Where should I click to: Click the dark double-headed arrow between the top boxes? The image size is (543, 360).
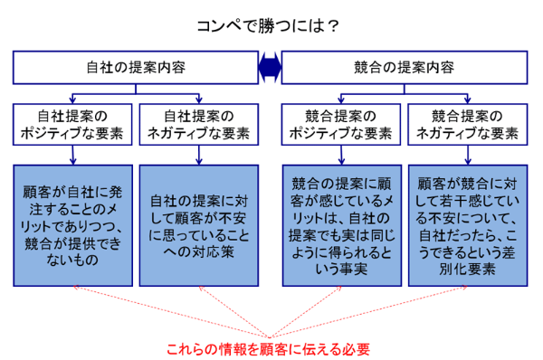pos(270,66)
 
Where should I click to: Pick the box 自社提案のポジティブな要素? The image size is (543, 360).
pos(72,126)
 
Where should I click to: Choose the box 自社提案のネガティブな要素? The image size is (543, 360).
pos(198,126)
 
